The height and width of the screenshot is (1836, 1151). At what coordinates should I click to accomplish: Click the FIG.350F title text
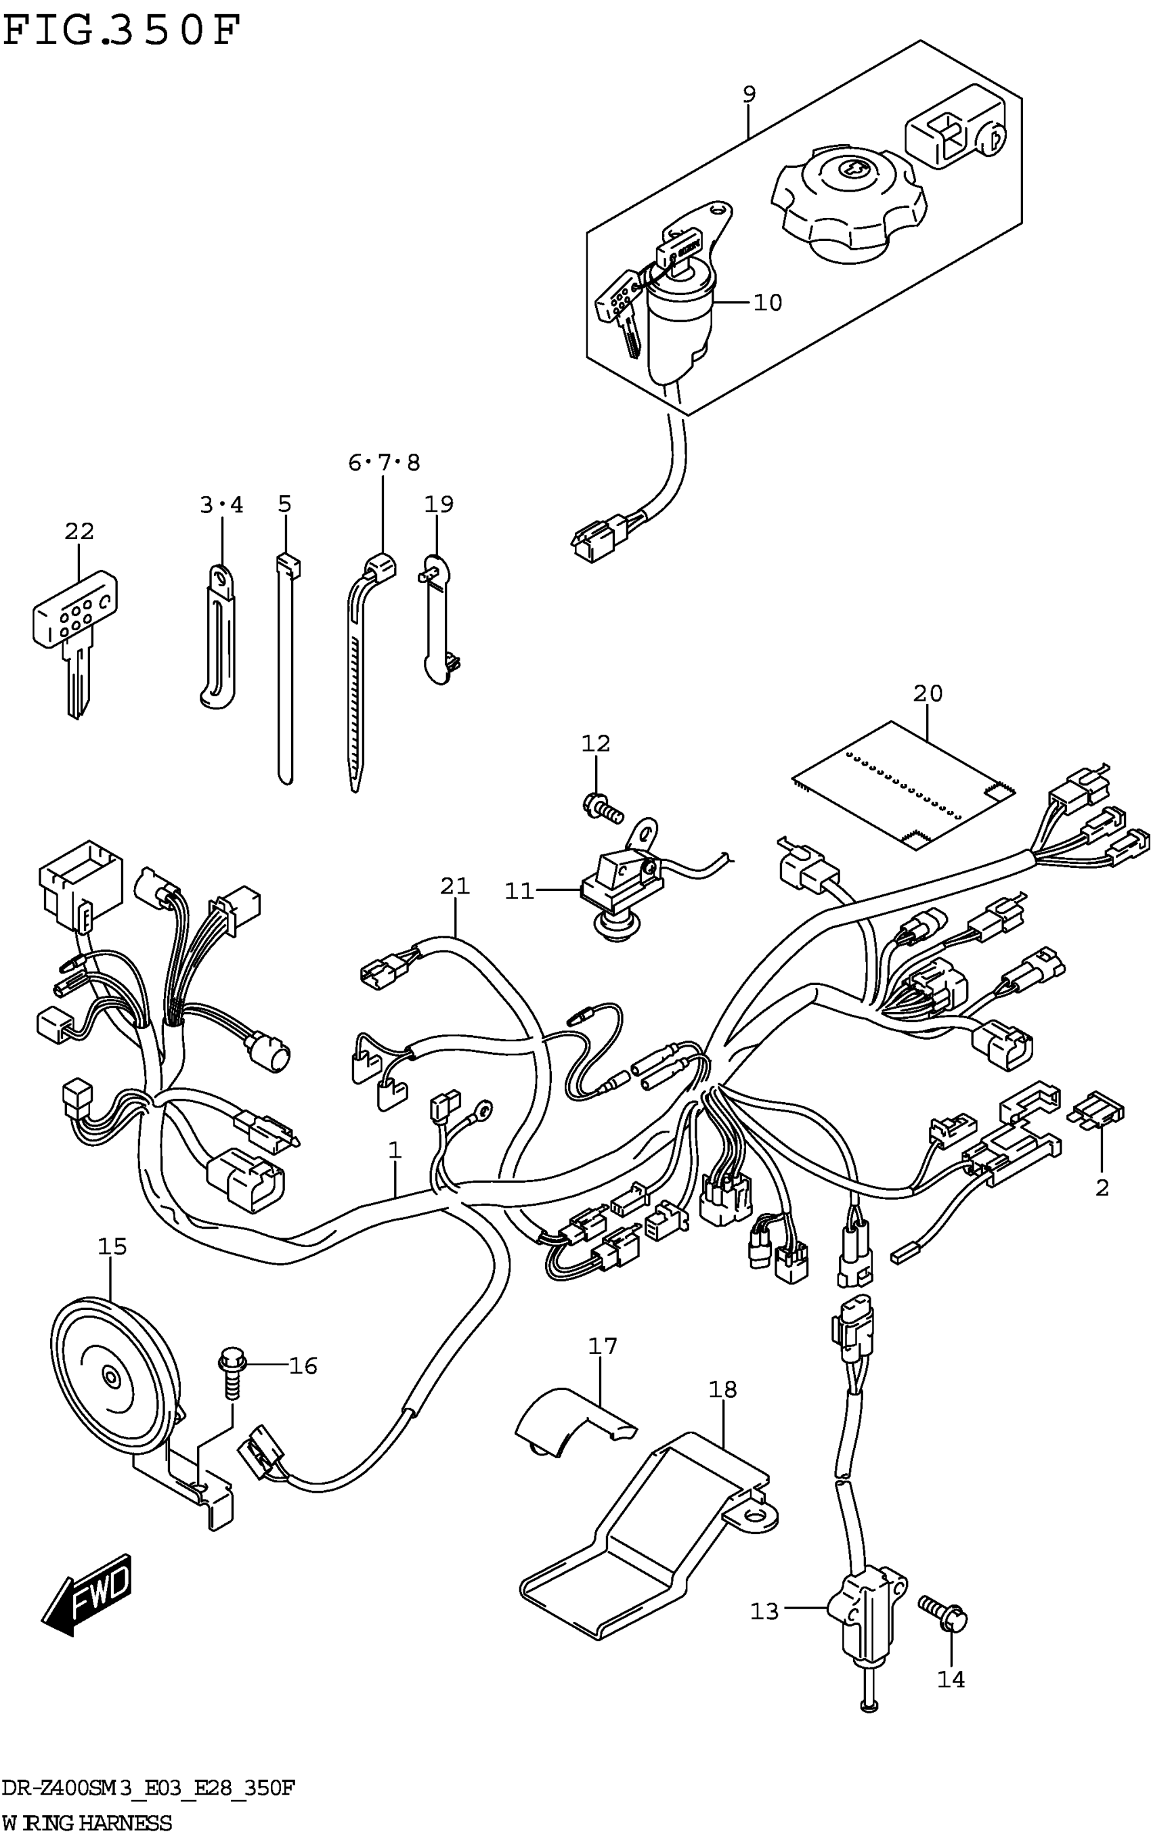tap(122, 32)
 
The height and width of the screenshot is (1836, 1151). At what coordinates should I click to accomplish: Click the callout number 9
tap(749, 94)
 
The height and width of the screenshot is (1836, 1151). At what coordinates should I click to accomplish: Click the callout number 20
tap(927, 693)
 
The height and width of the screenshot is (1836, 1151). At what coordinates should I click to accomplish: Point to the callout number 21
tap(454, 886)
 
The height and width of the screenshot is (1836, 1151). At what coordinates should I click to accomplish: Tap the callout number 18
tap(722, 1391)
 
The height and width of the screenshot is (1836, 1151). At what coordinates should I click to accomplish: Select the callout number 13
tap(765, 1611)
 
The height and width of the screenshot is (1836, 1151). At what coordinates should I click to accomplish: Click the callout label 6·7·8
tap(384, 463)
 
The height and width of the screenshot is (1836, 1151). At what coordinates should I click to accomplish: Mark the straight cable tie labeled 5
tap(286, 670)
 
